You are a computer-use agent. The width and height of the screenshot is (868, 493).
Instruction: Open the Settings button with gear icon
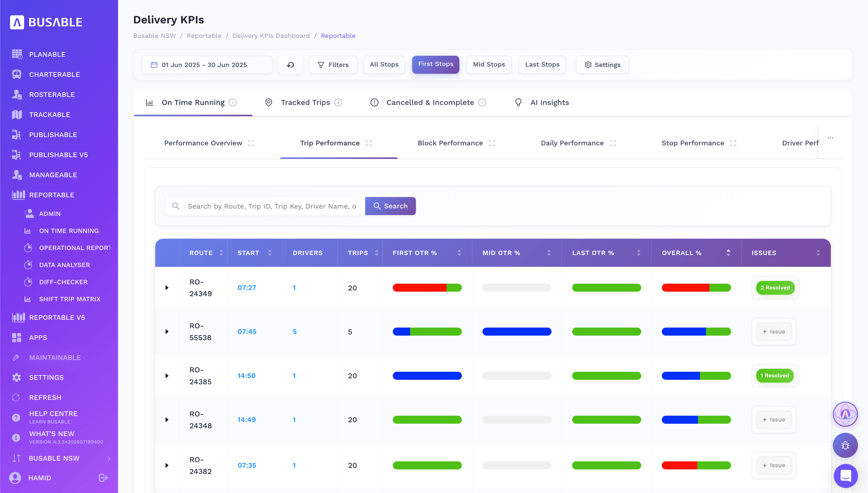tap(602, 65)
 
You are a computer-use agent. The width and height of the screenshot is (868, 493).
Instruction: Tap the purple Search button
tap(390, 206)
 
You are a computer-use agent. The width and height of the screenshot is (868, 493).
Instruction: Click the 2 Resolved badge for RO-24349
tap(775, 287)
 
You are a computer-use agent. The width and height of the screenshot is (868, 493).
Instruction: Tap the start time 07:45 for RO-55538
tap(247, 332)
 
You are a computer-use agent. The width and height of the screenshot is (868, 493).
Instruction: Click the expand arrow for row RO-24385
tap(167, 376)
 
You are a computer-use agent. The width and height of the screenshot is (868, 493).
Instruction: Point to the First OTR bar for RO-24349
tap(427, 287)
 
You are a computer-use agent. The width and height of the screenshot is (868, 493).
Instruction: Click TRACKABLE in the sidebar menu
tap(49, 114)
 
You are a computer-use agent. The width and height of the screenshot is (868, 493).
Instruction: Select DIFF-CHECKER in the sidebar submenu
tap(63, 282)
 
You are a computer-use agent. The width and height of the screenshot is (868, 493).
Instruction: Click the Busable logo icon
tap(17, 22)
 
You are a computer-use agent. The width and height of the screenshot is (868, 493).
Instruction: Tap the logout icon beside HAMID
tap(103, 477)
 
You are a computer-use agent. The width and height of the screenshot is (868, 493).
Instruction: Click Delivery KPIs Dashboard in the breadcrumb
tap(271, 36)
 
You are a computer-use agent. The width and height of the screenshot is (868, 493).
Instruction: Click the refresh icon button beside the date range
tap(290, 65)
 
